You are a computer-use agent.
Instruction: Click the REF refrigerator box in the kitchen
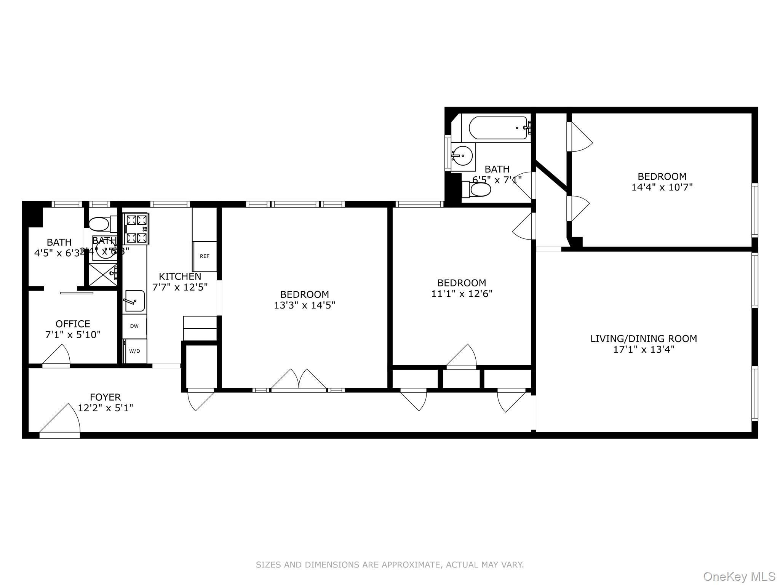tap(205, 256)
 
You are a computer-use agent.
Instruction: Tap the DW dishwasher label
tap(134, 326)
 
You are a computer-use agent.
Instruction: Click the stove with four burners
tap(136, 229)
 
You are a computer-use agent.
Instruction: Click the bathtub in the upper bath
tap(497, 128)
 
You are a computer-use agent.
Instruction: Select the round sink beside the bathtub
tap(463, 156)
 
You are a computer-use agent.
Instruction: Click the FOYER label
tap(105, 397)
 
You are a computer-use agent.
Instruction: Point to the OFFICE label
tap(73, 324)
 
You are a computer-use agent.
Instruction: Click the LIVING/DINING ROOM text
tap(644, 339)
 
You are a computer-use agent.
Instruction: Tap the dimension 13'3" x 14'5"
tap(304, 305)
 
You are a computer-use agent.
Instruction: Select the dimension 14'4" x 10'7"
tap(662, 187)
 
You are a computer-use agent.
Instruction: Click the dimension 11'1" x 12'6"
tap(462, 294)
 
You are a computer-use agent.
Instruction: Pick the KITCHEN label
tap(180, 277)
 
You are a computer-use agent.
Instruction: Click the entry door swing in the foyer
tap(61, 419)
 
